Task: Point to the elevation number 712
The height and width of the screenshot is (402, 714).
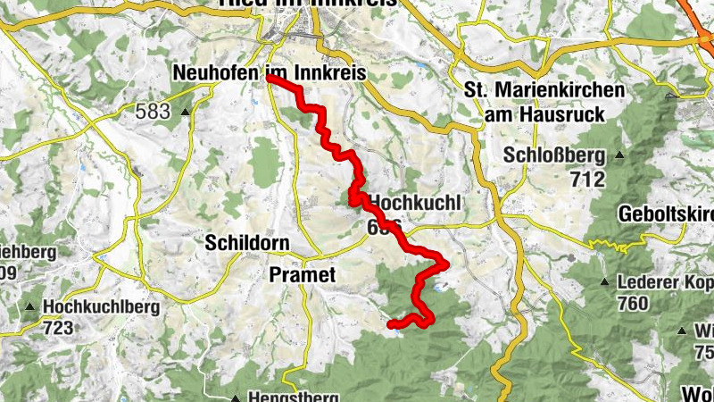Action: (586, 180)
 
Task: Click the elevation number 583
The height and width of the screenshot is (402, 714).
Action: (153, 112)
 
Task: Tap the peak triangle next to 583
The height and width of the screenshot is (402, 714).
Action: (185, 113)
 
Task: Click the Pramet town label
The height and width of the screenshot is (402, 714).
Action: (301, 276)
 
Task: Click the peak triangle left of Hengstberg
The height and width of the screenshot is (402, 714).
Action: (235, 398)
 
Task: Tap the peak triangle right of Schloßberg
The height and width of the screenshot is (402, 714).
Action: (619, 155)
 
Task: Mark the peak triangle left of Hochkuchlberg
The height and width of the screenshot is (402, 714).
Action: (31, 307)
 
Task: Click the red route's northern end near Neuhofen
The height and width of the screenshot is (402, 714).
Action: (269, 80)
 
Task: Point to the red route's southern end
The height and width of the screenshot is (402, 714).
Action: (390, 324)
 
